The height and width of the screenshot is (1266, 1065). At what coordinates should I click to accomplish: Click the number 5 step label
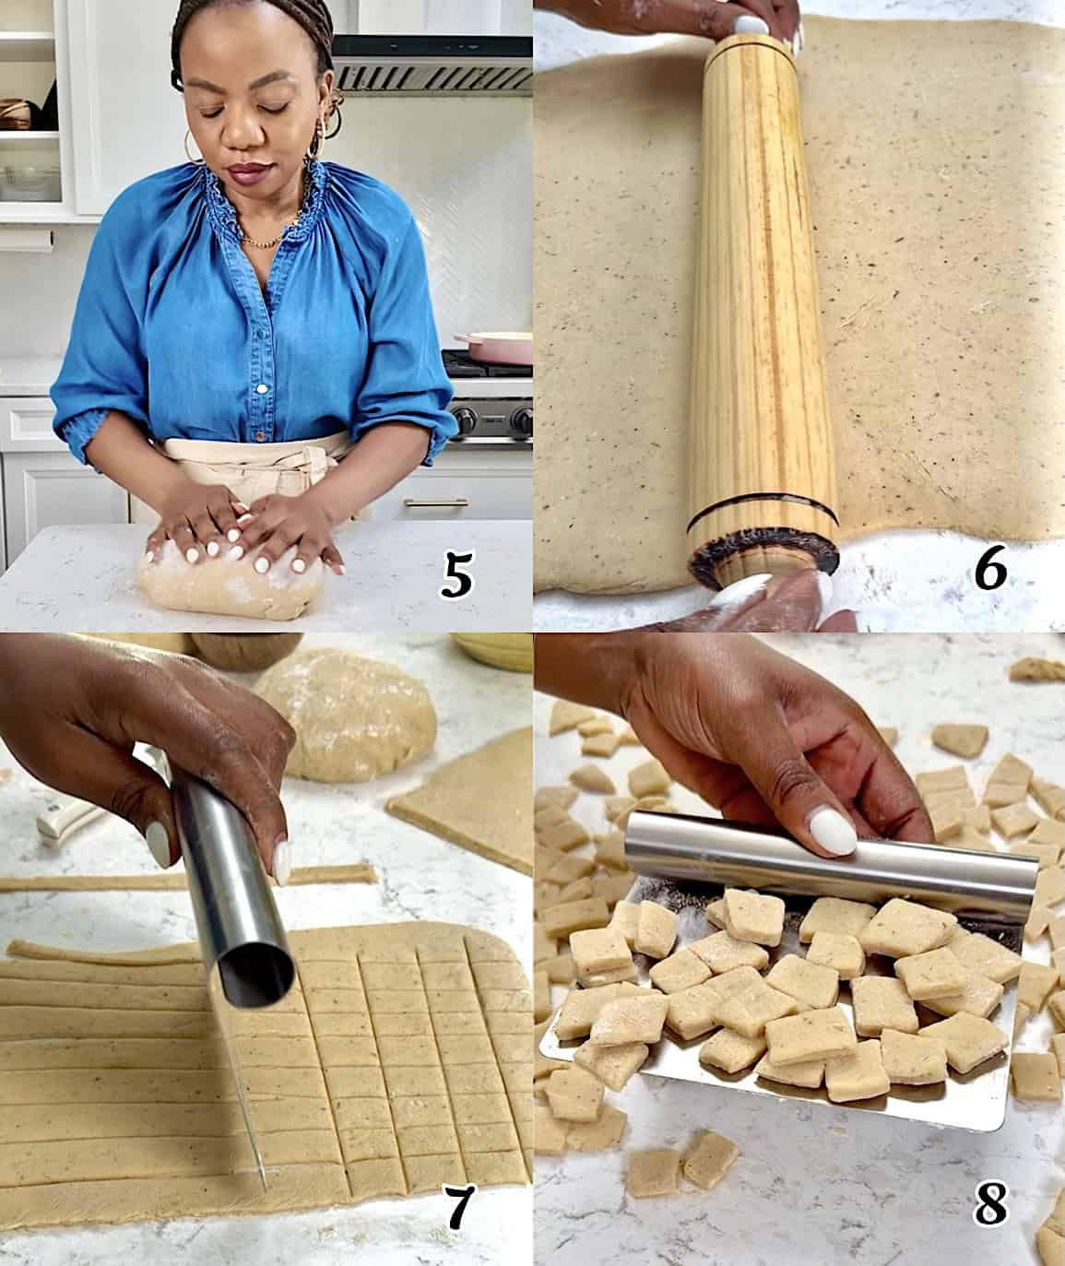(x=458, y=576)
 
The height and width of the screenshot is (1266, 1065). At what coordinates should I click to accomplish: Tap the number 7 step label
(x=458, y=1208)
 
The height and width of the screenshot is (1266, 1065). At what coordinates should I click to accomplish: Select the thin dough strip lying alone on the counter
(x=184, y=880)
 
